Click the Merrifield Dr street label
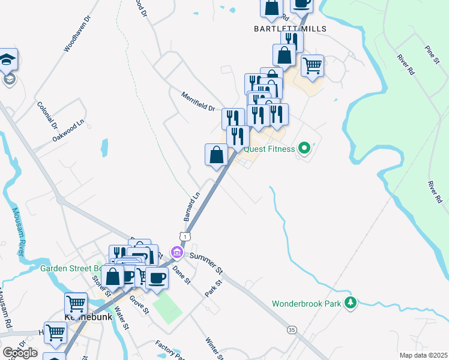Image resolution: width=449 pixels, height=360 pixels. coord(198,101)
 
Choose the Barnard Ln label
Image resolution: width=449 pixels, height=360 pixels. coord(193,206)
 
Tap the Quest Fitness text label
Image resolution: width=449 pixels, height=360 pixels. coord(270,149)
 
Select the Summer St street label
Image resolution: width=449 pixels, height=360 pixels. coord(206,263)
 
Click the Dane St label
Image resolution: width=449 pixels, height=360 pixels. coord(181,275)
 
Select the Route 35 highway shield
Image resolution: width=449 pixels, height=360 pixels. coord(292,330)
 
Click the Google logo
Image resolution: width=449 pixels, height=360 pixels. coord(19,353)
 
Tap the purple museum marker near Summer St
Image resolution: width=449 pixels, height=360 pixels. coord(176,252)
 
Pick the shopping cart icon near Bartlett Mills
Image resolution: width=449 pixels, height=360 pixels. coord(312,65)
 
